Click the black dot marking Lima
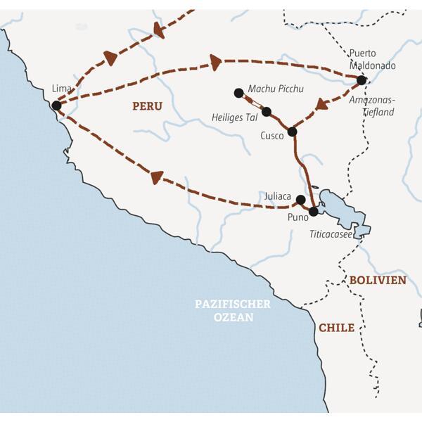point(56,105)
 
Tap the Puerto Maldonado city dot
point(362,80)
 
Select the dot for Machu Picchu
point(239,92)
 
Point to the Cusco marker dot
point(293,131)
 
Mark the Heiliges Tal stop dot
point(267,111)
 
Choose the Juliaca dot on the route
point(301,199)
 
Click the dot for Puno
point(314,211)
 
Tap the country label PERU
point(147,106)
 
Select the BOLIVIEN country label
point(378,280)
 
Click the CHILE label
point(336,328)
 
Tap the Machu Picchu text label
point(276,89)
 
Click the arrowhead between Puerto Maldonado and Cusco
point(322,105)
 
